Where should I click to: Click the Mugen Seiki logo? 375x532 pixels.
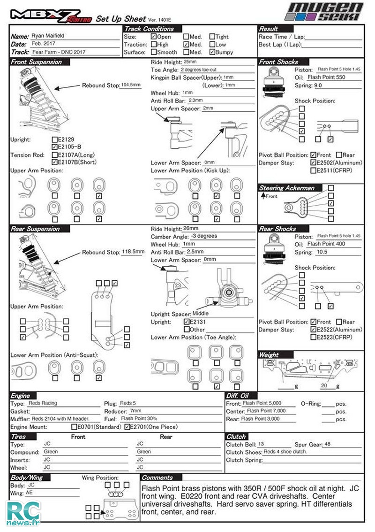(x=324, y=12)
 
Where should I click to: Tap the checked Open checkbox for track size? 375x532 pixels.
(x=153, y=36)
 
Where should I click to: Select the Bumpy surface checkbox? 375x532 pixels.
(x=212, y=52)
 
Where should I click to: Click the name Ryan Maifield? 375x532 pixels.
(x=48, y=36)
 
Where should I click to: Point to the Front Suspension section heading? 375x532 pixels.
(x=36, y=62)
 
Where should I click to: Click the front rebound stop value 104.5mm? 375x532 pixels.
(x=130, y=85)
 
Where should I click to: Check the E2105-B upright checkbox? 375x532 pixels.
(x=55, y=147)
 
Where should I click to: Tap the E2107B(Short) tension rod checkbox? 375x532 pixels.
(x=55, y=162)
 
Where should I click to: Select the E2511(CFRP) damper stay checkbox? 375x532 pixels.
(x=313, y=170)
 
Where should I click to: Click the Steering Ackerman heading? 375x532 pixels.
(x=286, y=188)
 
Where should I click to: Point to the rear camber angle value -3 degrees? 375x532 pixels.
(x=204, y=236)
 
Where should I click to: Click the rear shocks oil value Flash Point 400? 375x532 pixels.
(x=326, y=244)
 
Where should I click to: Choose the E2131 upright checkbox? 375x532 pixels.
(x=187, y=322)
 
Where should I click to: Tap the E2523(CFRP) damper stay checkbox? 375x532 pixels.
(x=313, y=337)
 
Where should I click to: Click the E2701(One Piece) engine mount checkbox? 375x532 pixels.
(x=127, y=427)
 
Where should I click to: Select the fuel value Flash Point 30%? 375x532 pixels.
(x=139, y=418)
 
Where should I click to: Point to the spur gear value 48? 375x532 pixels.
(x=327, y=444)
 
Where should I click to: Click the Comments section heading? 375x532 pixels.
(x=157, y=478)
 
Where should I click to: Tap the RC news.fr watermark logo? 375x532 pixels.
(x=23, y=513)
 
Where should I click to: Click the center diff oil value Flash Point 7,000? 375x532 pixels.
(x=266, y=410)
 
